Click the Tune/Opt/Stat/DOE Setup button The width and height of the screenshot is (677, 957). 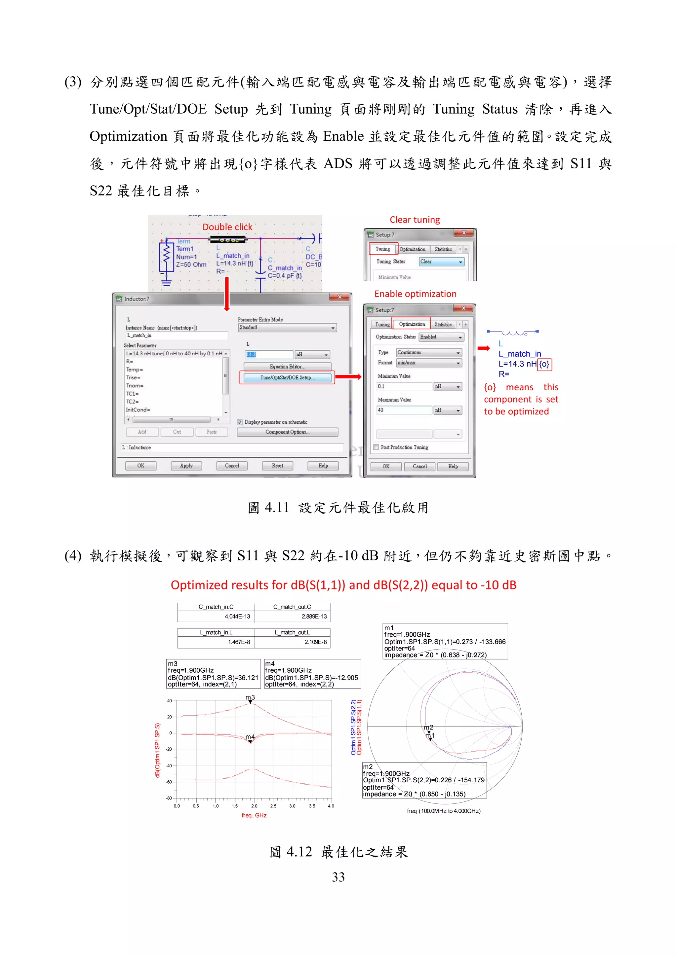pyautogui.click(x=287, y=378)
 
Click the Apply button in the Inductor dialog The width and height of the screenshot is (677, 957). pyautogui.click(x=186, y=466)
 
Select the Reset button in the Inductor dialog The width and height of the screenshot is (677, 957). pyautogui.click(x=277, y=466)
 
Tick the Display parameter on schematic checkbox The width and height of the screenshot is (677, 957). pyautogui.click(x=240, y=422)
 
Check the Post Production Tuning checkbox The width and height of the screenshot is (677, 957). pyautogui.click(x=376, y=447)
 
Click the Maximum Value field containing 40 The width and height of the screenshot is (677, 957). pyautogui.click(x=404, y=410)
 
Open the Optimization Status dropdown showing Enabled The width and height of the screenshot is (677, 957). pyautogui.click(x=441, y=337)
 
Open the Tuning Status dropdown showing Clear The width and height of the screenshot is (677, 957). pyautogui.click(x=441, y=262)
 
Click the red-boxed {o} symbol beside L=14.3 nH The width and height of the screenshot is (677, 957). pyautogui.click(x=544, y=364)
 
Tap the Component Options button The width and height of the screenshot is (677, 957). pyautogui.click(x=287, y=432)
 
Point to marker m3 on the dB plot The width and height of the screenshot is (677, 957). pyautogui.click(x=250, y=702)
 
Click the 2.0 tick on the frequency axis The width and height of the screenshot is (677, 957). pyautogui.click(x=254, y=806)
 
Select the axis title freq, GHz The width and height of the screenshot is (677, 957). pyautogui.click(x=254, y=816)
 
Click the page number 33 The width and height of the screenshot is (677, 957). pyautogui.click(x=338, y=877)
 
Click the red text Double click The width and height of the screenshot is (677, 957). pyautogui.click(x=227, y=227)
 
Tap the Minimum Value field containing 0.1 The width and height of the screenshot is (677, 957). pyautogui.click(x=404, y=386)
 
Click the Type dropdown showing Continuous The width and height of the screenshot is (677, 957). pyautogui.click(x=429, y=353)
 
